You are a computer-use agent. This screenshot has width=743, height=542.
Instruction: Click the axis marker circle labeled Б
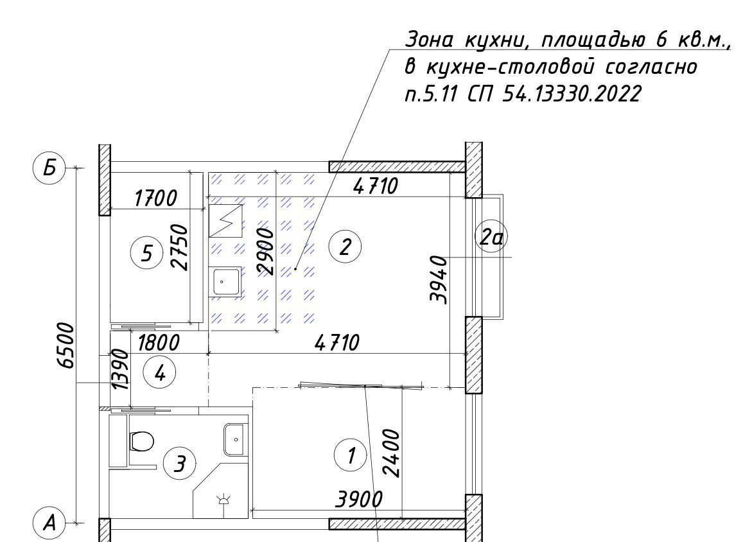(49, 168)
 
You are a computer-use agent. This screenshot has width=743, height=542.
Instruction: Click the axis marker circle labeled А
(49, 523)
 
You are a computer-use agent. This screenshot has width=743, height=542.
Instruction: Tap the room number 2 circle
(345, 247)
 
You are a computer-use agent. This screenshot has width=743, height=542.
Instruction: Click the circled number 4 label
(159, 373)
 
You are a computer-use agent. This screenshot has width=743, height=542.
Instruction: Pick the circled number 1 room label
(350, 455)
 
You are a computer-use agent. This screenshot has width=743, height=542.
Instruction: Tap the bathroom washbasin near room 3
(236, 440)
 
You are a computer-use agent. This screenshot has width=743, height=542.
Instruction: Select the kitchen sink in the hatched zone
(225, 281)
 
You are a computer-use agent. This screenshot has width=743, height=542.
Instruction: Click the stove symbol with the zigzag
(226, 221)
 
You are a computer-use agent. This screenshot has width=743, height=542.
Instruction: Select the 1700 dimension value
(155, 198)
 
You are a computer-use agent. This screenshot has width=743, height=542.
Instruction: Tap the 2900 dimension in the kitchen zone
(265, 251)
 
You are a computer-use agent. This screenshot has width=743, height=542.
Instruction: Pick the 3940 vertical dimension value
(439, 279)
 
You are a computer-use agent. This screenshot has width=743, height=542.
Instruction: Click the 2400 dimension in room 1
(392, 453)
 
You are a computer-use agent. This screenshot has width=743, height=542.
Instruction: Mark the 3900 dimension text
(359, 500)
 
